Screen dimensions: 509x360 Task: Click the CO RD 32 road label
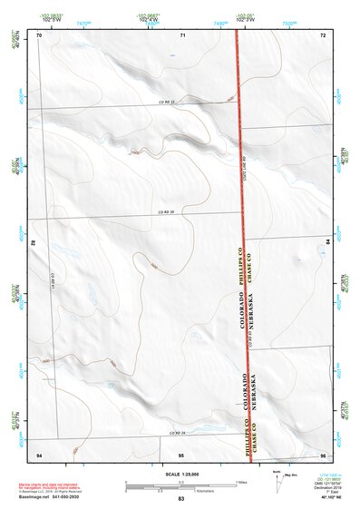(164, 102)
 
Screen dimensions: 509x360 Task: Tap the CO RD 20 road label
(164, 212)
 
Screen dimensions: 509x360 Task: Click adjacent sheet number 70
(39, 34)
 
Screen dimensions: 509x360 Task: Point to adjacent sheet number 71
(182, 34)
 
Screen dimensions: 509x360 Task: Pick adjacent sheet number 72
(323, 34)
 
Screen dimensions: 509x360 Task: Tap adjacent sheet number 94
(39, 453)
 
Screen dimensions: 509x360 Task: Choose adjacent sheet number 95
(181, 453)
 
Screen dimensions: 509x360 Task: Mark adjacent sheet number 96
(323, 453)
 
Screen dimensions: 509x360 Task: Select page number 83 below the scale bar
(181, 499)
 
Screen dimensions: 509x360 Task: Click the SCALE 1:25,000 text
(181, 474)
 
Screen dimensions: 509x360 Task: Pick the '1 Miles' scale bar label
(242, 481)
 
